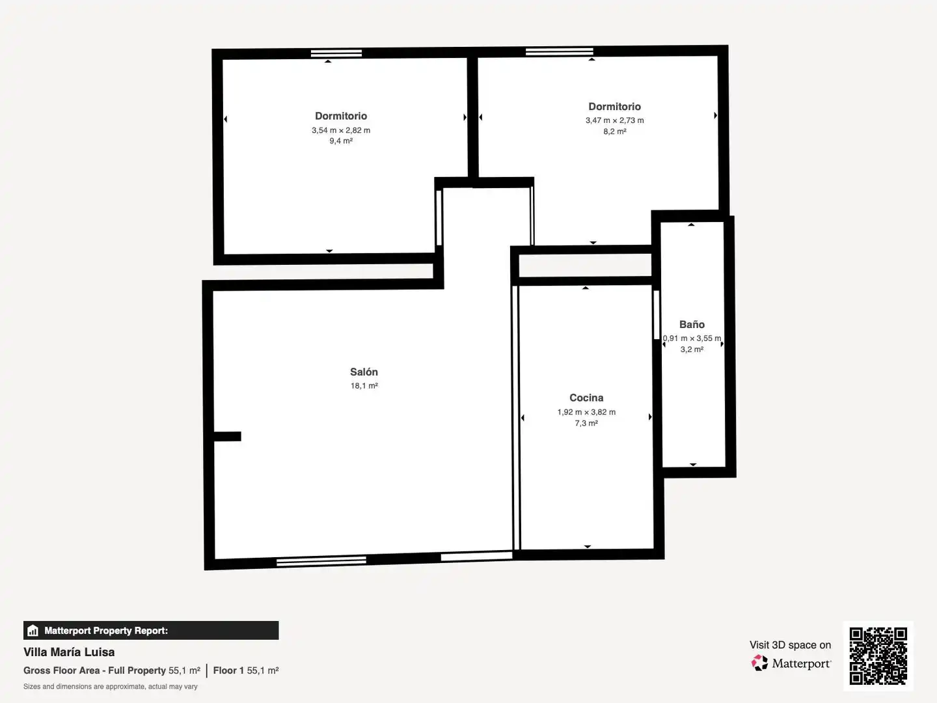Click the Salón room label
coord(364,372)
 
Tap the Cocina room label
coord(586,398)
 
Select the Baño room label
coord(692,324)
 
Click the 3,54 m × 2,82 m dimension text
coord(341,130)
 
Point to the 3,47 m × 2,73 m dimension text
coord(614,120)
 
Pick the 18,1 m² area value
coord(364,386)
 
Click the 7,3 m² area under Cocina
coord(586,423)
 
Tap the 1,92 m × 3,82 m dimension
coord(586,412)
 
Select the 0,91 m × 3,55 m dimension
coord(692,338)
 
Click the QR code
coord(878,655)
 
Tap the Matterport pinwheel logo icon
coord(759,663)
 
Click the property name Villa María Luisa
coord(69,652)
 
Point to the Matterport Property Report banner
coord(151,630)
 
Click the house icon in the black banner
coord(33,631)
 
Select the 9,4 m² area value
coord(341,141)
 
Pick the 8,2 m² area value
coord(615,131)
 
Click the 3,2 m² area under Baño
coord(692,349)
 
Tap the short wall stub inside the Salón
coord(227,436)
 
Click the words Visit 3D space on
coord(790,645)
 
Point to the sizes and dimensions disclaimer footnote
coord(110,686)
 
